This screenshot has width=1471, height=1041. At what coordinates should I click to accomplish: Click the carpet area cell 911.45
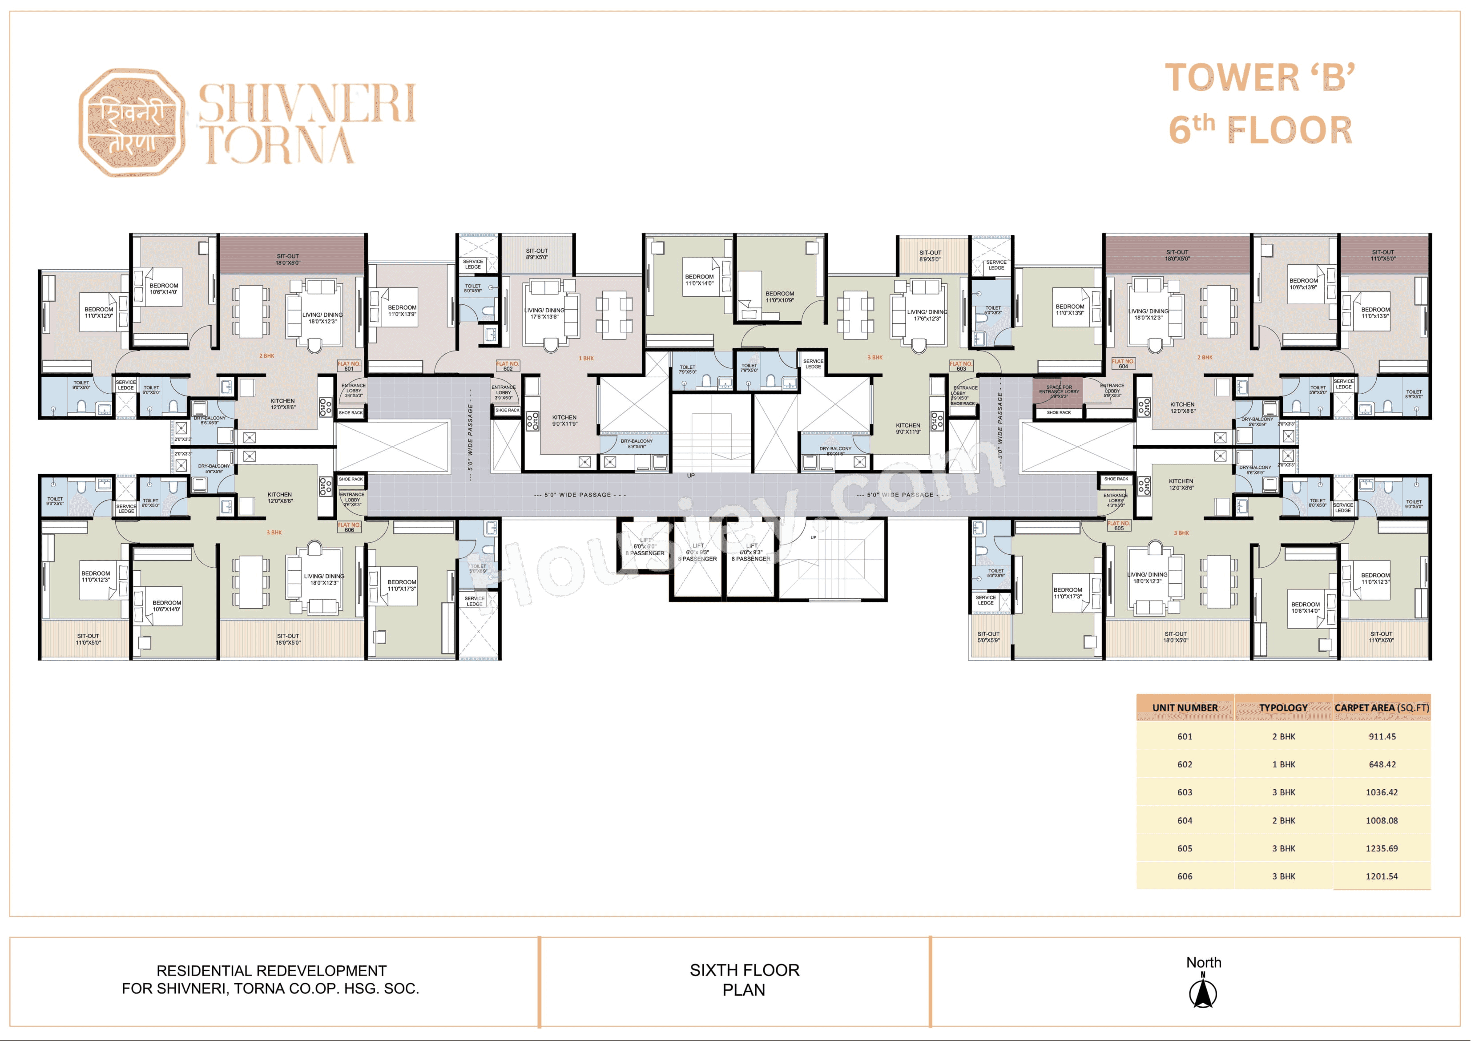tap(1381, 737)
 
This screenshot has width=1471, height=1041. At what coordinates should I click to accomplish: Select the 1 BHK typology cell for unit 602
tap(1283, 764)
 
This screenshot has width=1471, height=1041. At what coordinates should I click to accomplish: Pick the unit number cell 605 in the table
tap(1185, 848)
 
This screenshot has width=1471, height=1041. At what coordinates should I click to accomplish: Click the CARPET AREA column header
tap(1381, 708)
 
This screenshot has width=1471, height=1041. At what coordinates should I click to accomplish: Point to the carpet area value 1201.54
tap(1381, 876)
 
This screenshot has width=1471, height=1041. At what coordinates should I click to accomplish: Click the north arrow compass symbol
tap(1203, 992)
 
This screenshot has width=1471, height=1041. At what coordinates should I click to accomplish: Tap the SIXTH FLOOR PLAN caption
tap(744, 980)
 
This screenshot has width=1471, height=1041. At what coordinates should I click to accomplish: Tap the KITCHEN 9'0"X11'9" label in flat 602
tap(564, 420)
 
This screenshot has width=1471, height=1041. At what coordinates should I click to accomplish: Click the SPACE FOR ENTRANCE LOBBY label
tap(1058, 391)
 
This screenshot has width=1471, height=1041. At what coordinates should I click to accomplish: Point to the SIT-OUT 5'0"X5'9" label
tap(988, 637)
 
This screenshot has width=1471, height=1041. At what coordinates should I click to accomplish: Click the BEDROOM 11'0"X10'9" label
tap(779, 297)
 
